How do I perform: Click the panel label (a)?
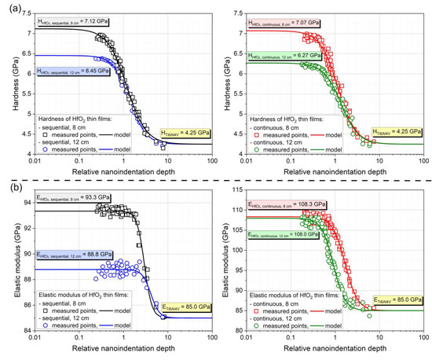point(9,6)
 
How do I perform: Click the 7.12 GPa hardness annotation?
point(71,18)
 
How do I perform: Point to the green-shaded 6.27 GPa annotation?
point(284,55)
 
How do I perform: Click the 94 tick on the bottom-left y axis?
point(27,203)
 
